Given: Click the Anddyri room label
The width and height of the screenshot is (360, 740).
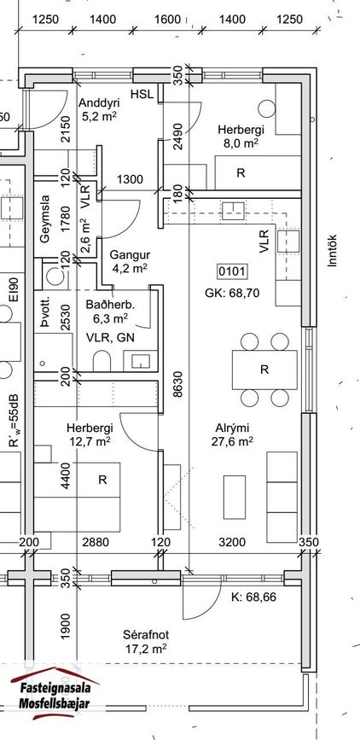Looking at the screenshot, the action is [x=99, y=109].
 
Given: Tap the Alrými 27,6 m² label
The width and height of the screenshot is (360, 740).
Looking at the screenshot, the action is [x=232, y=434].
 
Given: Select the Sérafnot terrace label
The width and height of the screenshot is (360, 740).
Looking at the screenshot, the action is [x=146, y=642].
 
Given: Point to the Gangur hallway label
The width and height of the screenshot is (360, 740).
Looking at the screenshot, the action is [x=130, y=261].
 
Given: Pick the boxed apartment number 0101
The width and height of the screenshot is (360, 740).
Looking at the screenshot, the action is [x=232, y=271].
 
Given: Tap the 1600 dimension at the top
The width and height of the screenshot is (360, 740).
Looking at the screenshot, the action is [x=167, y=20].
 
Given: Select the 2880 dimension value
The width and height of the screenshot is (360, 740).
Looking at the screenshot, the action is [x=96, y=542].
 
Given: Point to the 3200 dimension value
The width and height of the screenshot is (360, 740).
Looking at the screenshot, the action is [x=232, y=542].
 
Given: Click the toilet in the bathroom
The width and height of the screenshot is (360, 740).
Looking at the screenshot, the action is [x=102, y=360].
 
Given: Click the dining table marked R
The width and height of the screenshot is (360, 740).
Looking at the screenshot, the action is [x=264, y=370].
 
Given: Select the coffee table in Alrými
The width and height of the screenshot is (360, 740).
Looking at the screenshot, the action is [x=234, y=498].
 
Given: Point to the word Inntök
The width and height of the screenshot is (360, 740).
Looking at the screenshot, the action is [x=333, y=251].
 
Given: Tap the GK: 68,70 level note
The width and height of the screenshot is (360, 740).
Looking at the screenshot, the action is [x=232, y=293].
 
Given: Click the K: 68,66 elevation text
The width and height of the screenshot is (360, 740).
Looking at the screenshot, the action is [x=253, y=597].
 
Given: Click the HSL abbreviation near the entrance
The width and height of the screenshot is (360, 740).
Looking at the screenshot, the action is [x=142, y=94].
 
